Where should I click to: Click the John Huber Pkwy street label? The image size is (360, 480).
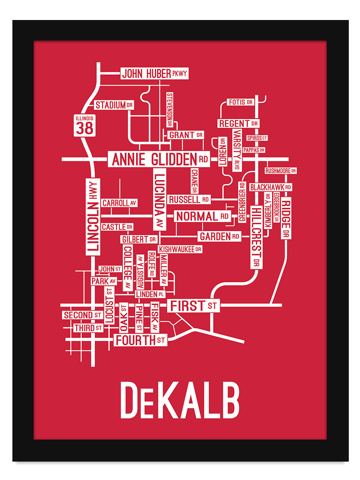154,74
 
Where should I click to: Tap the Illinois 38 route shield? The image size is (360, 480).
85,125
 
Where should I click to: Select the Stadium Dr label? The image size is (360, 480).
114,105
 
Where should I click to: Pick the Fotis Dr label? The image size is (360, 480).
240,102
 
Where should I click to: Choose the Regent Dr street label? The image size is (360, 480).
238,124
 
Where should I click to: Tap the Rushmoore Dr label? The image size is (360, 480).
280,171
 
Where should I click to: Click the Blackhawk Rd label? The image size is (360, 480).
270,187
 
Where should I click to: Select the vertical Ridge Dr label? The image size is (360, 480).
286,218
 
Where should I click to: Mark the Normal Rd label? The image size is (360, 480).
202,216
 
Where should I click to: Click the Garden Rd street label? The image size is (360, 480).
219,236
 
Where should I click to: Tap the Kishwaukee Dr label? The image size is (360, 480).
180,249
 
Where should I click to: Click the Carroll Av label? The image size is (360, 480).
119,203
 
